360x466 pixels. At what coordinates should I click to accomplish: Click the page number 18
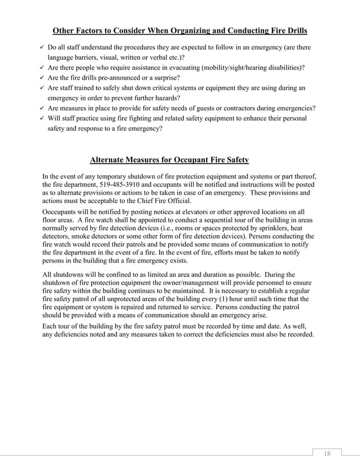click(x=327, y=454)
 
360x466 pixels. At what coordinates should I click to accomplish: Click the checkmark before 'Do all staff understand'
click(x=43, y=47)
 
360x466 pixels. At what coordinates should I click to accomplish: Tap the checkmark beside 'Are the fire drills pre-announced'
click(x=43, y=78)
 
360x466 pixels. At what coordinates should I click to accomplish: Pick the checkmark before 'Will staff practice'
click(x=43, y=118)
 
